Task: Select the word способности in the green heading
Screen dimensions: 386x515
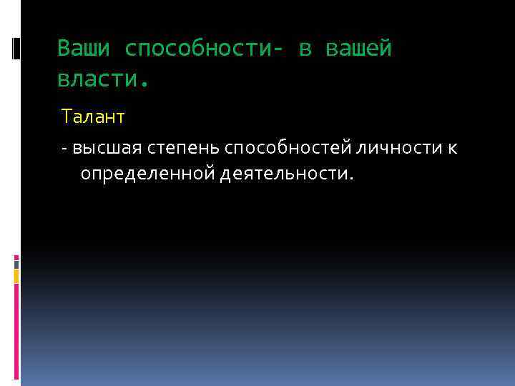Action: [x=203, y=49]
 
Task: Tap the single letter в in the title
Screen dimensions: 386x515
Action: [x=305, y=49]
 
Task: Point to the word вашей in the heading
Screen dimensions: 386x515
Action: [x=359, y=49]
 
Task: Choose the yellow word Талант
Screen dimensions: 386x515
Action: [x=93, y=116]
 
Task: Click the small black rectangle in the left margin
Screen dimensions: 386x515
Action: [x=16, y=48]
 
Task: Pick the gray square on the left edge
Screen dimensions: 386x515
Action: [x=16, y=262]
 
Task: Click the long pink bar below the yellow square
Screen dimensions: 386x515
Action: [x=16, y=329]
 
